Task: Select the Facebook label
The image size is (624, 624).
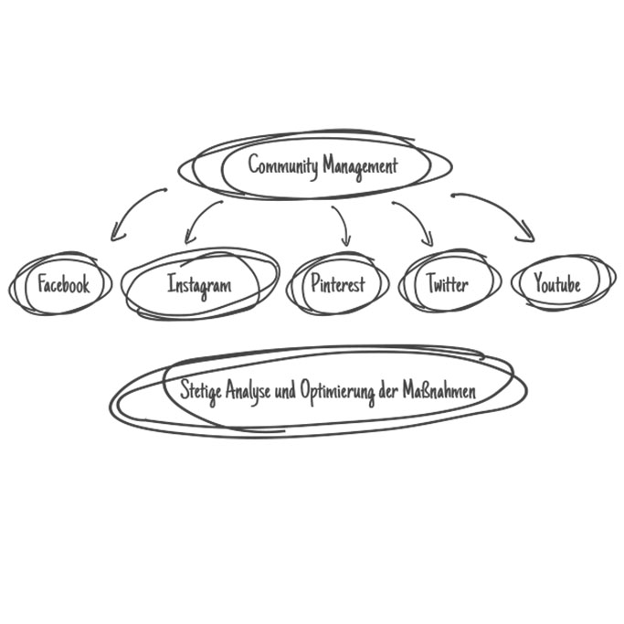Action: (x=64, y=284)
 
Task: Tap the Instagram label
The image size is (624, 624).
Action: (x=199, y=284)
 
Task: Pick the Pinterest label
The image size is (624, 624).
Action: (x=337, y=284)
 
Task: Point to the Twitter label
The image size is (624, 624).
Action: (x=448, y=284)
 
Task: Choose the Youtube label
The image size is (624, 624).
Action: (x=557, y=284)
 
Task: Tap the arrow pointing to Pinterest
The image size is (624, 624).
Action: (x=343, y=221)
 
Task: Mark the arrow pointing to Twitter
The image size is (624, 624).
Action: (x=416, y=219)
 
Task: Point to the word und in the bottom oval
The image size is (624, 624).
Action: (x=285, y=391)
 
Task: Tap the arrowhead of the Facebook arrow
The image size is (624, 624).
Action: (x=114, y=235)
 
